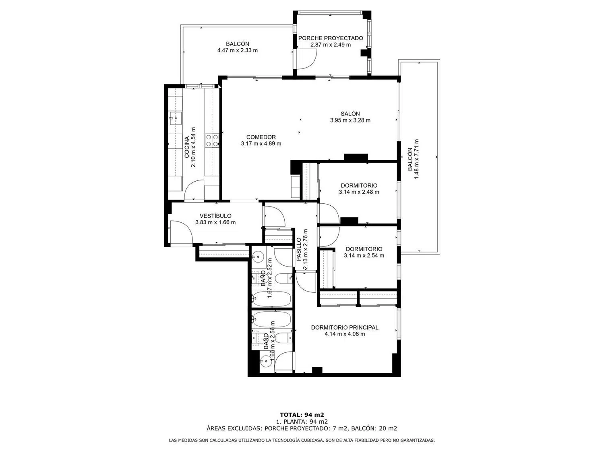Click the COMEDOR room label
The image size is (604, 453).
[x=261, y=137]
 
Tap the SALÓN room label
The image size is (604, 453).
[x=350, y=114]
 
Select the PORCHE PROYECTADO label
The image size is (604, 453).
[x=331, y=38]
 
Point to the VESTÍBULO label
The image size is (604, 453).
[x=215, y=216]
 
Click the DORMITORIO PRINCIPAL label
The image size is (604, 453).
[x=345, y=327]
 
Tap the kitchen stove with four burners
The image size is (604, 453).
[x=212, y=140]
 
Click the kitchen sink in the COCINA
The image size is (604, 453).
[x=175, y=118]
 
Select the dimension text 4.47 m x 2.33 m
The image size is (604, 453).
[x=238, y=50]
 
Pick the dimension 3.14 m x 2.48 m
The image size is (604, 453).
[x=359, y=192]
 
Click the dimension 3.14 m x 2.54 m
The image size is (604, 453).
[x=364, y=255]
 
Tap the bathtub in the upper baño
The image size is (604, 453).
[x=271, y=298]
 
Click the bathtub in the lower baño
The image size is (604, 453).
[x=271, y=319]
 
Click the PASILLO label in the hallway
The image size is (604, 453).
[x=299, y=253]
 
